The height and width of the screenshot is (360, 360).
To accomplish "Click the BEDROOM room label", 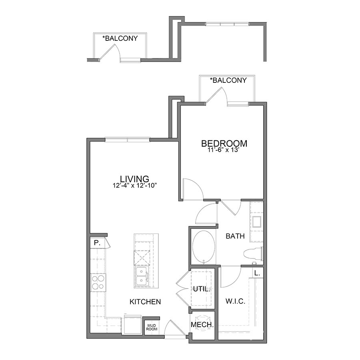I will (224, 143).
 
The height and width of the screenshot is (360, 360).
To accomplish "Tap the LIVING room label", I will (134, 178).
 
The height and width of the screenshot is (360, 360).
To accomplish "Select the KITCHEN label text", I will (145, 302).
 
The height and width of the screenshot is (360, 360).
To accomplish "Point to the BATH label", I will (235, 236).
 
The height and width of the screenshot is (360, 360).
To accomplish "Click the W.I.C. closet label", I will (236, 300).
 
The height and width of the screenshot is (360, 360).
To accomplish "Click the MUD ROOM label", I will (152, 327).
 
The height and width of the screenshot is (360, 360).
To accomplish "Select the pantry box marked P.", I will (97, 243).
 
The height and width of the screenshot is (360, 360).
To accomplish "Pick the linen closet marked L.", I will (257, 273).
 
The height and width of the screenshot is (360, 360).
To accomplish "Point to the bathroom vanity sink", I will (256, 221).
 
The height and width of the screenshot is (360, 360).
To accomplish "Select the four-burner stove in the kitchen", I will (98, 282).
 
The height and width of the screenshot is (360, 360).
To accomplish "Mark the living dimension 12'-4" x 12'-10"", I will (134, 186).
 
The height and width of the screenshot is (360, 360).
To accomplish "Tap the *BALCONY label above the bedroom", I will (228, 80).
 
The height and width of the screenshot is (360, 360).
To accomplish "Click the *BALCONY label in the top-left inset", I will (120, 38).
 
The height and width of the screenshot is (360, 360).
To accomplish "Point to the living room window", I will (127, 140).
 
